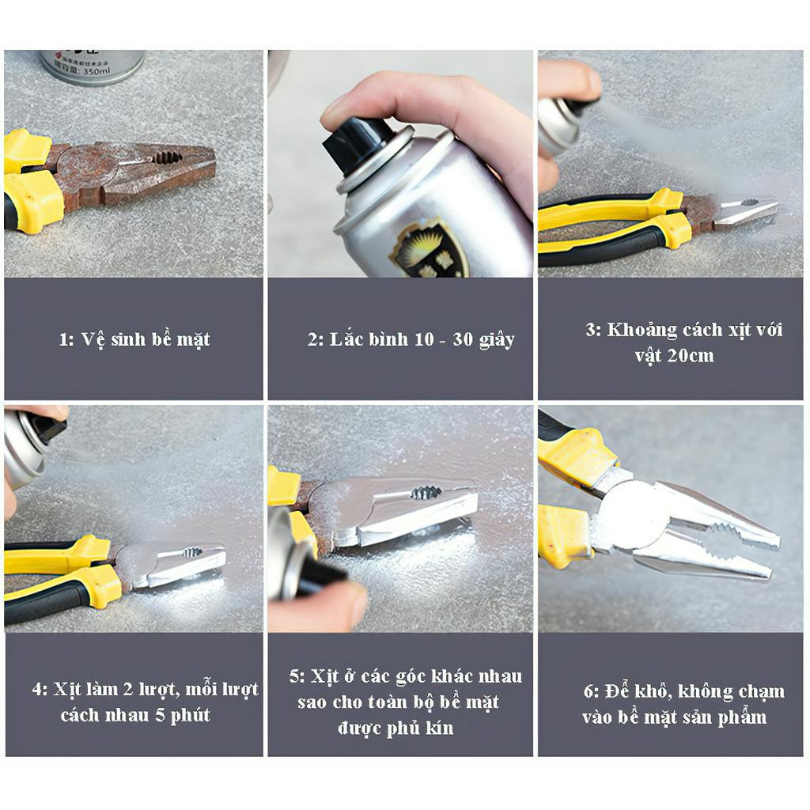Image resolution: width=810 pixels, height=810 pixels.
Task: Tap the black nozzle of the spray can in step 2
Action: (358, 146)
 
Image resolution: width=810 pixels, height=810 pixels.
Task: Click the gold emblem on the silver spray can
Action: (431, 248)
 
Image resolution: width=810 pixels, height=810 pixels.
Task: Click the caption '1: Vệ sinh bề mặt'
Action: (134, 339)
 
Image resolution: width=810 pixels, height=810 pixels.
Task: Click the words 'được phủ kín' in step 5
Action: (396, 728)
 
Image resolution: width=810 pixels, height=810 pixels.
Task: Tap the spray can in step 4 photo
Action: (28, 447)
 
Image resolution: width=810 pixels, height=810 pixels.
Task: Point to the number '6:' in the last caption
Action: (592, 691)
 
